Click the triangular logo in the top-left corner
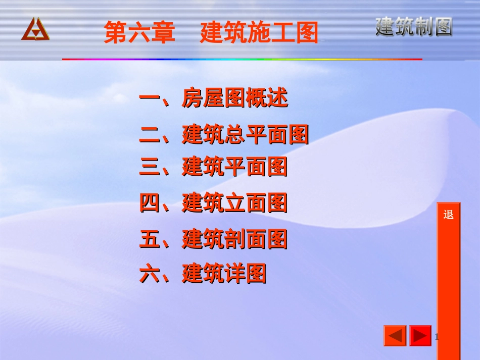tap(35, 29)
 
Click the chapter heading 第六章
tap(139, 33)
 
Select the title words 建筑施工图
tap(259, 33)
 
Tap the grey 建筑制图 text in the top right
tap(414, 27)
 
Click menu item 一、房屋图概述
tap(213, 98)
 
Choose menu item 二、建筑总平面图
tap(224, 135)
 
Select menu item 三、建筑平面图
tap(213, 167)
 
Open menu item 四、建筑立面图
tap(213, 203)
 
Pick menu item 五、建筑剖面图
tap(213, 239)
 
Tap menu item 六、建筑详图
tap(203, 275)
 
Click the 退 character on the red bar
tap(449, 215)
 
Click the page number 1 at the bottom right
tap(437, 336)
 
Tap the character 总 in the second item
tap(235, 135)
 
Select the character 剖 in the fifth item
tap(235, 239)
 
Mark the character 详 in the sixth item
tap(235, 275)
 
